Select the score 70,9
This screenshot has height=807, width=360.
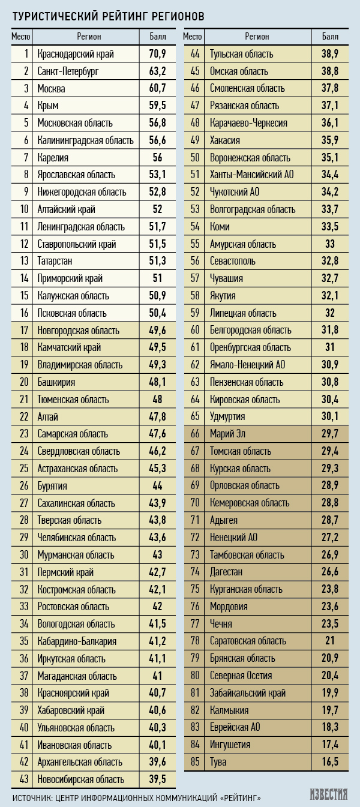[157, 54]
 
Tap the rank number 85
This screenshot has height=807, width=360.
[194, 762]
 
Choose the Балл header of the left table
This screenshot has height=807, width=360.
[157, 37]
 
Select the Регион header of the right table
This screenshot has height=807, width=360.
[257, 37]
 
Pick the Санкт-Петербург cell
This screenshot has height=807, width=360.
[68, 71]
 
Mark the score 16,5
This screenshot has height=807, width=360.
[330, 762]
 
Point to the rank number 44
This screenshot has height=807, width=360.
[194, 54]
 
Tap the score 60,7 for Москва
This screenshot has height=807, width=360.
[157, 89]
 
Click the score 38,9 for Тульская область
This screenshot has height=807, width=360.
[330, 54]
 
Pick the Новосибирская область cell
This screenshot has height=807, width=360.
[81, 779]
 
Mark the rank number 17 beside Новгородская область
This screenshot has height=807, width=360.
[24, 330]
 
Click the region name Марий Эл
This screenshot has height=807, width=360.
[228, 434]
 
